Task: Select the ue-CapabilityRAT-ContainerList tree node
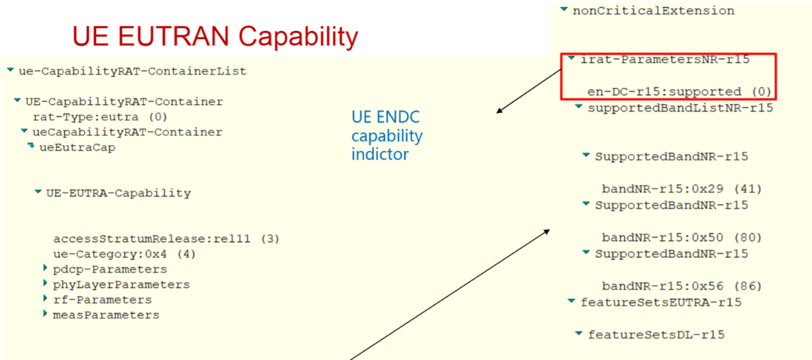133,71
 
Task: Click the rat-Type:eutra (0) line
100,117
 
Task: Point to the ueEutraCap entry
77,148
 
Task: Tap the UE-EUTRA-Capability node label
119,193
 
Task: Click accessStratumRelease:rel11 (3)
166,239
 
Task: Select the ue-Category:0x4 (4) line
124,253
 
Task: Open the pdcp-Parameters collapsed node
110,270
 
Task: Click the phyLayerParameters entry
121,284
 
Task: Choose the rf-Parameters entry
102,300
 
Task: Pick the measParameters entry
106,315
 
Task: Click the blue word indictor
380,155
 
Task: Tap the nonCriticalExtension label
654,11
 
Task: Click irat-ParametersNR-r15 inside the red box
665,60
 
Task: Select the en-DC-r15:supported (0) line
679,92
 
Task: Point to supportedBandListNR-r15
681,108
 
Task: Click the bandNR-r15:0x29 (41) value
682,189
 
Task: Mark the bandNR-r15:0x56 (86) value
682,286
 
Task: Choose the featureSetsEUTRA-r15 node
661,302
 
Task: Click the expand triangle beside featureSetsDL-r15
579,333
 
